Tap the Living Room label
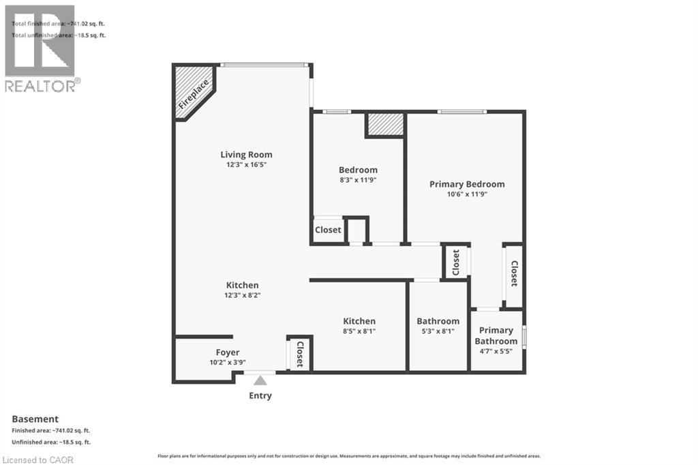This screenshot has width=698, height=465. click(246, 155)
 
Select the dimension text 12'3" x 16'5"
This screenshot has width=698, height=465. click(246, 164)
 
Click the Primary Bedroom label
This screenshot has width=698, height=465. click(467, 184)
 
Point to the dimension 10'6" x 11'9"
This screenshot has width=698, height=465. click(467, 194)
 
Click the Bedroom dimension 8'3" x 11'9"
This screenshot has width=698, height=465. click(358, 180)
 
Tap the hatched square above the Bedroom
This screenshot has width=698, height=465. click(385, 125)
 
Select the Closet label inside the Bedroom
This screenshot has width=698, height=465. click(328, 230)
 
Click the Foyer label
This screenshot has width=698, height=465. click(228, 352)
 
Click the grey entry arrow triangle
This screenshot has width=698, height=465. click(260, 380)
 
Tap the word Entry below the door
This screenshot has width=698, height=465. click(260, 395)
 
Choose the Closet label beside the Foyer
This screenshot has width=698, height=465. click(299, 353)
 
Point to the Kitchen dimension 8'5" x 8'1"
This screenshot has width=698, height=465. click(359, 331)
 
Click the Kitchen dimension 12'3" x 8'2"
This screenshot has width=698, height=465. click(243, 295)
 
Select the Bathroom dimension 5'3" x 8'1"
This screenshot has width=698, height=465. click(438, 331)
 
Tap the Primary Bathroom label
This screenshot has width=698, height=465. click(496, 335)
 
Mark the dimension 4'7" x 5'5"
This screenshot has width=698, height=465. click(496, 351)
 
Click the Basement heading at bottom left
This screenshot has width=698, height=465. click(35, 419)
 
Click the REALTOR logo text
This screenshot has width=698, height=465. click(42, 85)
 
